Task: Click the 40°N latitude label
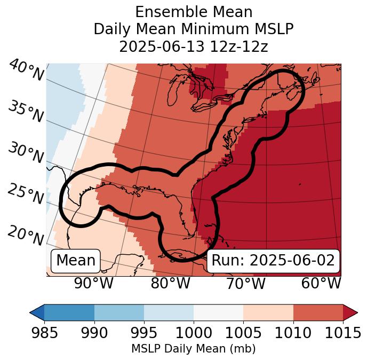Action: point(26,71)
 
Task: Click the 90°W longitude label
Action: point(94,284)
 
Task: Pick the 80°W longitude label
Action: point(170,284)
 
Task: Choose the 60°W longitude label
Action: point(321,284)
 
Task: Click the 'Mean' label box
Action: point(76,261)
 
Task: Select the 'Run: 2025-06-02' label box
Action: point(273,261)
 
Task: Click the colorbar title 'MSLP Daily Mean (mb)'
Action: point(193,349)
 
